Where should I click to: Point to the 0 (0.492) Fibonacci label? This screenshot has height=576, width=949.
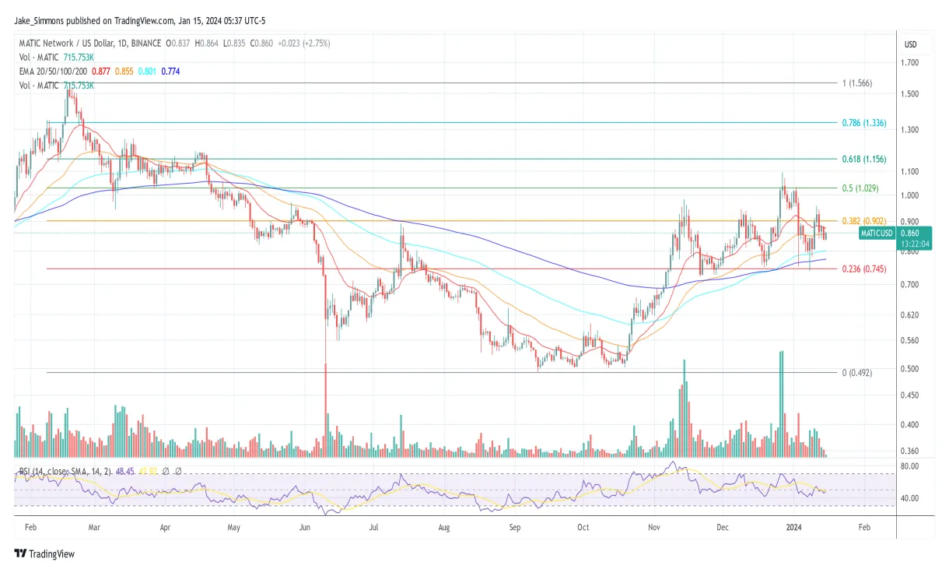[x=857, y=373]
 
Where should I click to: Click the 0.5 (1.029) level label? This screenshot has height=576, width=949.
[x=860, y=188]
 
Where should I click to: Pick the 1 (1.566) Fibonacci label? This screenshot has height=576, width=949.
[x=857, y=83]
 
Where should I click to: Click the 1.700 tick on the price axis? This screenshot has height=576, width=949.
[x=910, y=62]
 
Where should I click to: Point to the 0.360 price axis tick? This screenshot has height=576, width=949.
[x=910, y=451]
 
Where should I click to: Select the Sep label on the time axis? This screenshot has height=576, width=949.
[x=513, y=527]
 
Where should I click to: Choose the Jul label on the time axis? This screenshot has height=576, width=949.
[x=374, y=527]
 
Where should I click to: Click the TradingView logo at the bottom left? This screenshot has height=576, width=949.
[x=44, y=554]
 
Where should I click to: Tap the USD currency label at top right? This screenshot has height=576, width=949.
[x=910, y=44]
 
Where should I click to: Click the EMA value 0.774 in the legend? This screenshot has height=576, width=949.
[x=170, y=72]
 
